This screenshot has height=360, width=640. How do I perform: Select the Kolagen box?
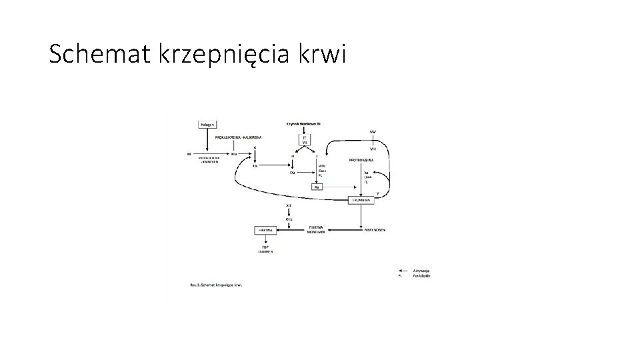pos(208,124)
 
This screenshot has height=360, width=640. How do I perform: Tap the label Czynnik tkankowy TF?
pos(304,123)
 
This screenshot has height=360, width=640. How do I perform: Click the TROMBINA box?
pos(361,199)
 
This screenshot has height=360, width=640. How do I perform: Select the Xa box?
pos(318,187)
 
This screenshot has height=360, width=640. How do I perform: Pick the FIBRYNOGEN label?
pos(374,229)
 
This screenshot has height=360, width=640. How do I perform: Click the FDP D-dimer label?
pos(265,248)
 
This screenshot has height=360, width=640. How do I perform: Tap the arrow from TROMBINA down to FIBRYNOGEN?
pos(361,215)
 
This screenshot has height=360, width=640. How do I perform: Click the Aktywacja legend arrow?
pos(405,269)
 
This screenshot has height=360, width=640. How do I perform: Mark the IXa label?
pos(292,173)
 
